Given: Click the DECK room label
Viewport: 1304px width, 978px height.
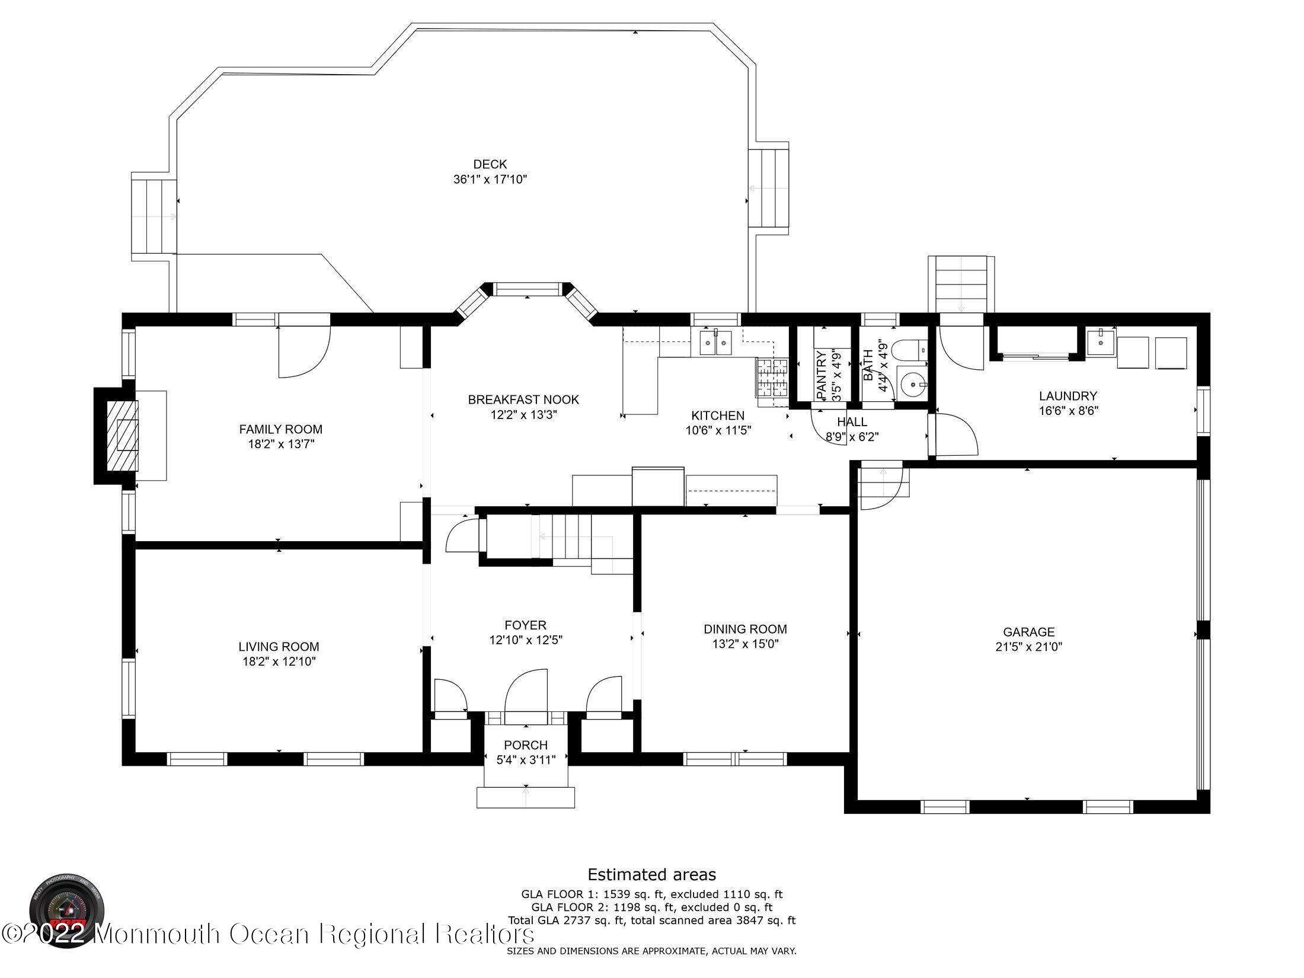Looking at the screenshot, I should pyautogui.click(x=490, y=164).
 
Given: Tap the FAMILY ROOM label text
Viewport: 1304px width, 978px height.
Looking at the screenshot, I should pyautogui.click(x=280, y=429).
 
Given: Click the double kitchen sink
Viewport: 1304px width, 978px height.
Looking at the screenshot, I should pyautogui.click(x=715, y=343).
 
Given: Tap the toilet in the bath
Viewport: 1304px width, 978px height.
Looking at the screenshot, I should pyautogui.click(x=910, y=349).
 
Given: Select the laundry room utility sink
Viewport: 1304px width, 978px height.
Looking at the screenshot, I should pyautogui.click(x=1100, y=341).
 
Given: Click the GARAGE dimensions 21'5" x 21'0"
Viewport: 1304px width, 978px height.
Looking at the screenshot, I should pyautogui.click(x=1028, y=647).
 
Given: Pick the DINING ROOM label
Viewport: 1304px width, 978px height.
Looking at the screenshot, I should pyautogui.click(x=745, y=629).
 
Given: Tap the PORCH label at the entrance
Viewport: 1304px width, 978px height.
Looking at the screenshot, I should pyautogui.click(x=526, y=745).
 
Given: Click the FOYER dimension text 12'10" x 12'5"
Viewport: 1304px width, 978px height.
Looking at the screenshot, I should pyautogui.click(x=526, y=640).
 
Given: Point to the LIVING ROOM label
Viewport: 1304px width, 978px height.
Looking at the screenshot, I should pyautogui.click(x=279, y=647).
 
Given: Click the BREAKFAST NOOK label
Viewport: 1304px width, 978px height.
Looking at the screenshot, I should pyautogui.click(x=523, y=399).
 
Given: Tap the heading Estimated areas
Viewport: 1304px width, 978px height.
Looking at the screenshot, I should pyautogui.click(x=651, y=874).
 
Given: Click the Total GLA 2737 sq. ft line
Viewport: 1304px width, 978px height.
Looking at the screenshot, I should pyautogui.click(x=651, y=921).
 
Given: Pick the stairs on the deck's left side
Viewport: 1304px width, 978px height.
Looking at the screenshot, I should pyautogui.click(x=153, y=216).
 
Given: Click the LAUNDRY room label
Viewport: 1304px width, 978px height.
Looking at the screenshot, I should pyautogui.click(x=1068, y=395).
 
